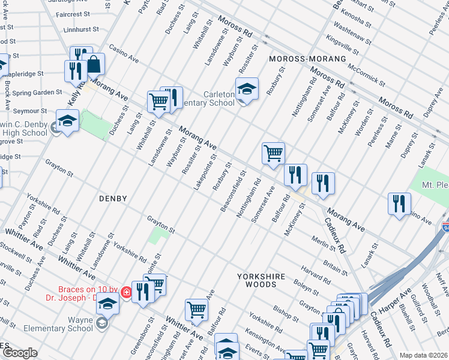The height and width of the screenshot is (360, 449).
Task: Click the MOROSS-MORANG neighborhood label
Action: pyautogui.click(x=307, y=59)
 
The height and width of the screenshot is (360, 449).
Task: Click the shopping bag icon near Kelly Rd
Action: pyautogui.click(x=94, y=64)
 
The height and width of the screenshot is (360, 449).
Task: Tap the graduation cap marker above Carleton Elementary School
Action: pyautogui.click(x=246, y=89)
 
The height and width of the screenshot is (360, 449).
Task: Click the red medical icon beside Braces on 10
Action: pyautogui.click(x=126, y=292)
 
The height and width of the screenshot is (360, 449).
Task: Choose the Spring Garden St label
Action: pyautogui.click(x=38, y=92)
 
